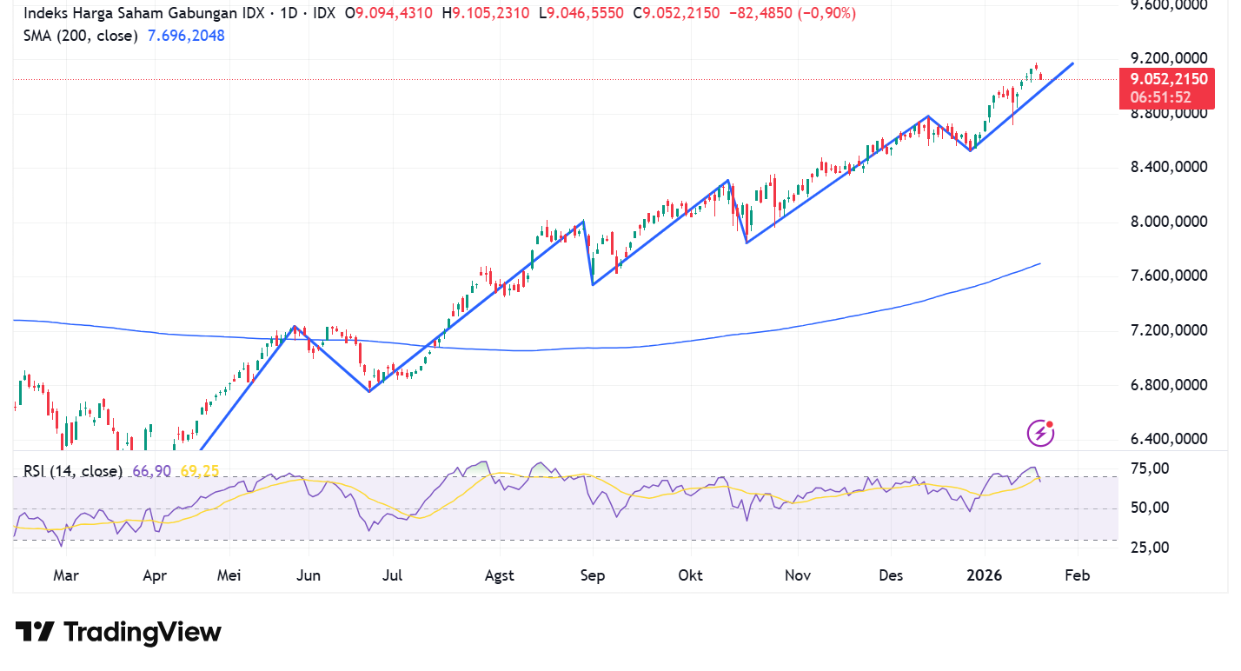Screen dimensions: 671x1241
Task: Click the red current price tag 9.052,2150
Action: point(1167,79)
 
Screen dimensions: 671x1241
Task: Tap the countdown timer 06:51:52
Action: point(1160,96)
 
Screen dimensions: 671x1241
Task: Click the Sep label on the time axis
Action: point(593,575)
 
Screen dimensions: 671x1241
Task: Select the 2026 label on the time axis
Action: point(985,575)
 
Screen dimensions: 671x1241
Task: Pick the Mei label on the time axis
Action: point(229,575)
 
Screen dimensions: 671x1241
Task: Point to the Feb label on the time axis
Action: point(1077,575)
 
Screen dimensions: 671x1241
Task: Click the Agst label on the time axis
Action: point(499,575)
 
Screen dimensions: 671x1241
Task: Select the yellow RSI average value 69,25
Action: point(200,471)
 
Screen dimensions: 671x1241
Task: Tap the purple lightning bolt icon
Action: point(1040,432)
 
